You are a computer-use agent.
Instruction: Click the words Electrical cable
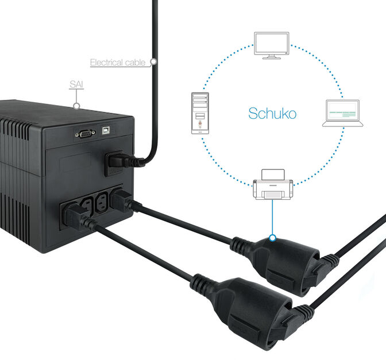coord(118,62)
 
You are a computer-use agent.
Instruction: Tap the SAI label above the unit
coord(76,84)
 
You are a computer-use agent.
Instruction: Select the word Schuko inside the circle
coord(272,113)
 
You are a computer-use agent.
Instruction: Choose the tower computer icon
coord(199,113)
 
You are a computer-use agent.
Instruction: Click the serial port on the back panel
coord(85,133)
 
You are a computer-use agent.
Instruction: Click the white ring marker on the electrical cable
coord(153,60)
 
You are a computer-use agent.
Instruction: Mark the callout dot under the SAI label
coord(77,105)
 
